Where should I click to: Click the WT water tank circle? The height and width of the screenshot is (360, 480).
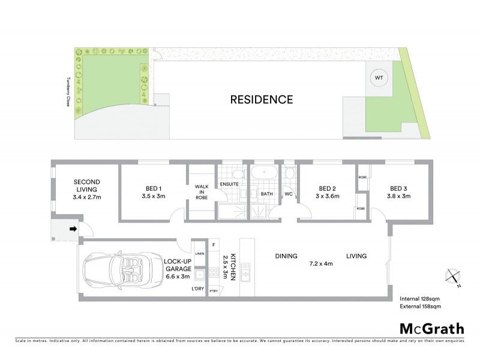(x=379, y=78)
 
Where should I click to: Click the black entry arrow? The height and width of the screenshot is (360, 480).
(x=73, y=229)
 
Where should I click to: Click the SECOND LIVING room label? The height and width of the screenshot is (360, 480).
(x=87, y=190)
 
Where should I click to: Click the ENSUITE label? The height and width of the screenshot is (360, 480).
(x=229, y=184)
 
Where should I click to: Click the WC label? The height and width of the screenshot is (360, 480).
(x=288, y=194)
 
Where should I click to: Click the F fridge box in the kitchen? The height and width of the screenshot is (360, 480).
(x=214, y=244)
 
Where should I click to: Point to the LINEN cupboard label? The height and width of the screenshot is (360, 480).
(x=199, y=254)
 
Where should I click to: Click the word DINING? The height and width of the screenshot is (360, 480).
(x=286, y=256)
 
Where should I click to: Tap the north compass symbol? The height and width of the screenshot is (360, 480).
(x=452, y=277)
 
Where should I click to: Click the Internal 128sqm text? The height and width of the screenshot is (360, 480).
(x=419, y=298)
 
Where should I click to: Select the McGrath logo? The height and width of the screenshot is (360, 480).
(x=431, y=328)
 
